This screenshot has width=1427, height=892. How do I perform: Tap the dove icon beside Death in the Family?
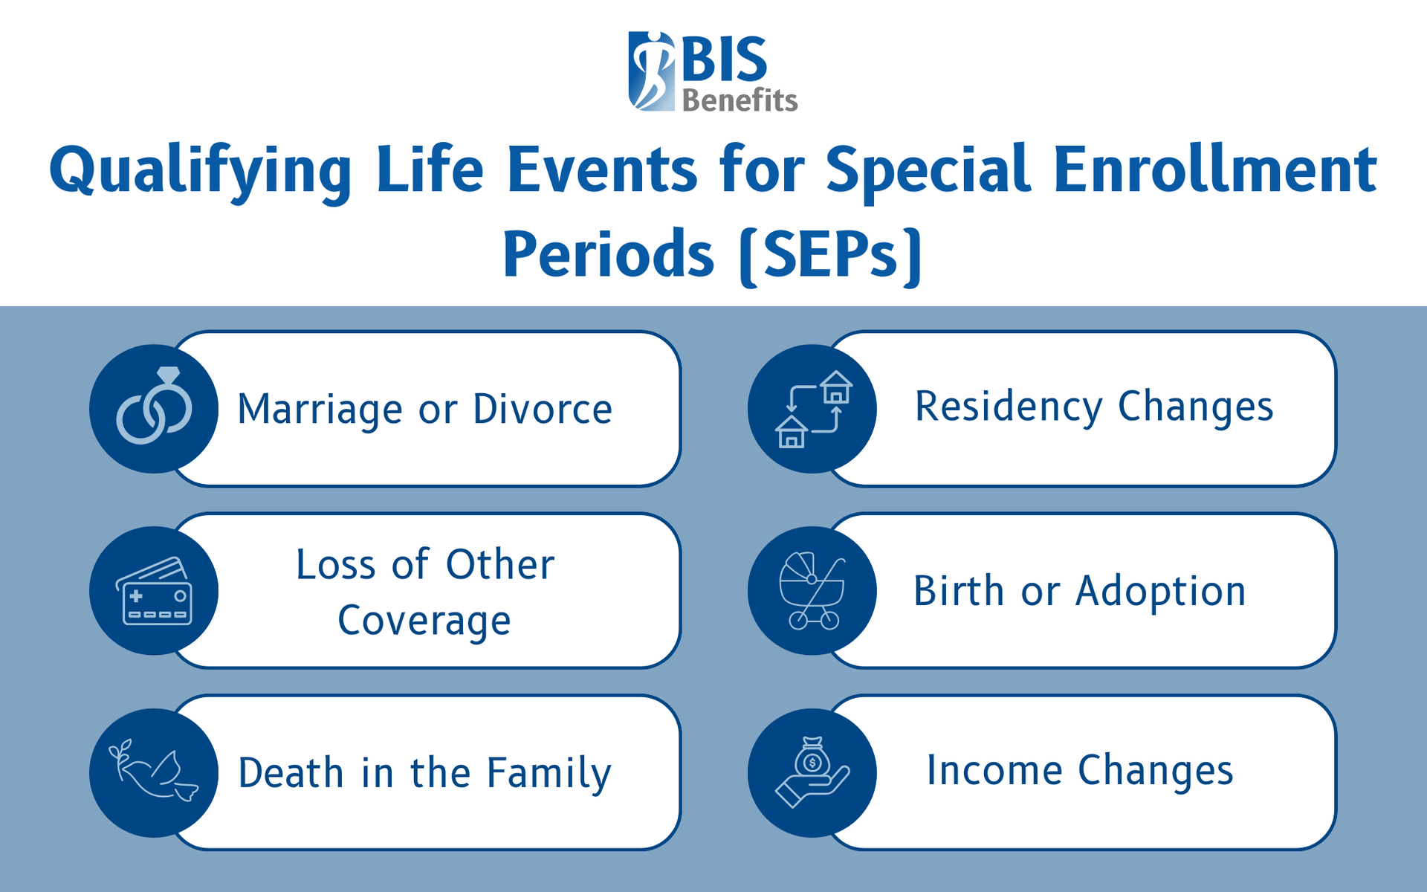(x=154, y=772)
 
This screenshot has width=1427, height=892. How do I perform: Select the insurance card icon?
(x=154, y=591)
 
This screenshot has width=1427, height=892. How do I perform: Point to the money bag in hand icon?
(x=812, y=772)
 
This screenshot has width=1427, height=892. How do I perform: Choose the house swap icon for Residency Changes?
(x=812, y=409)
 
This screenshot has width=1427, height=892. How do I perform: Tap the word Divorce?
(x=543, y=409)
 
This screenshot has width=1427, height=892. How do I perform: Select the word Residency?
(x=1009, y=407)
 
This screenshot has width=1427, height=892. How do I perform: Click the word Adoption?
(x=1161, y=592)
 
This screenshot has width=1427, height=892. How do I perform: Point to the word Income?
(x=994, y=770)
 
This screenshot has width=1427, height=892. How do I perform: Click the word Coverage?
(x=424, y=621)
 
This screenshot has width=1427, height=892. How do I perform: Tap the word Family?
(x=549, y=774)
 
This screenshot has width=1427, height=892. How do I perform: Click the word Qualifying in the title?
(x=201, y=172)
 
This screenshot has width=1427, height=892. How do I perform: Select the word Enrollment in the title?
(x=1215, y=169)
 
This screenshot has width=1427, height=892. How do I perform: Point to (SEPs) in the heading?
(x=831, y=255)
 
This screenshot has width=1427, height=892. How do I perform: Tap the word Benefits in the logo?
(x=740, y=100)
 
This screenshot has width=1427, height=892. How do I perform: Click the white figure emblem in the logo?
(x=652, y=71)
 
